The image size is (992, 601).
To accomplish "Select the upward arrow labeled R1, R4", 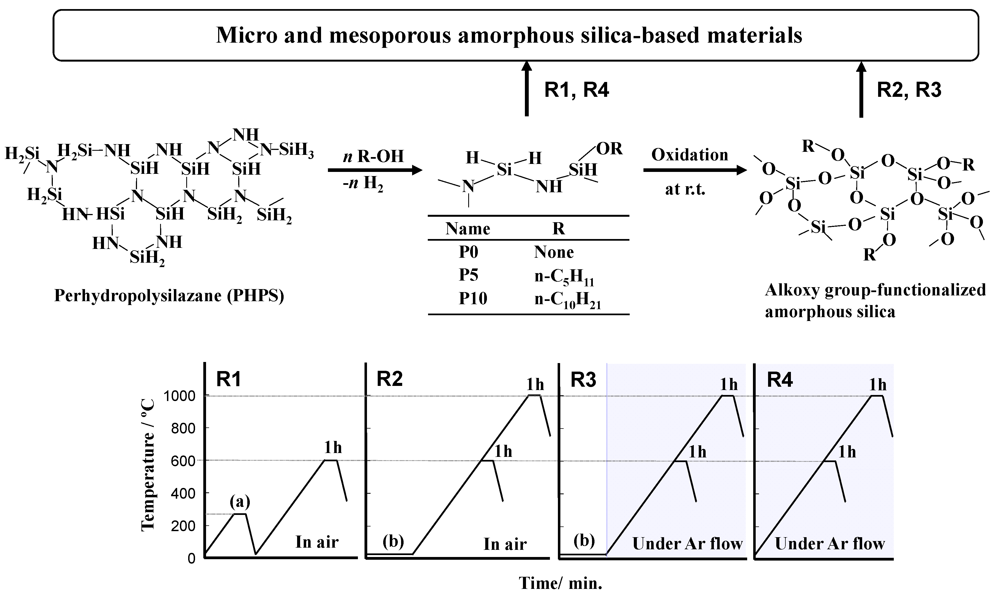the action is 527,89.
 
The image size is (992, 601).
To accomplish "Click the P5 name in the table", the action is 468,275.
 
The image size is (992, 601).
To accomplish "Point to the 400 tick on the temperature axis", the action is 183,493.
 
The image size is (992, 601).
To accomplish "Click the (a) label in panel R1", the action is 240,502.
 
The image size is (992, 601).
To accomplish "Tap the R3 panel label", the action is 583,380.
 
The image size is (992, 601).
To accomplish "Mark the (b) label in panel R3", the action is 583,541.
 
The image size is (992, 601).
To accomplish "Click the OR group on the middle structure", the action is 609,149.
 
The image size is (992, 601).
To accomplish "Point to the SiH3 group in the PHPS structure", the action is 296,150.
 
